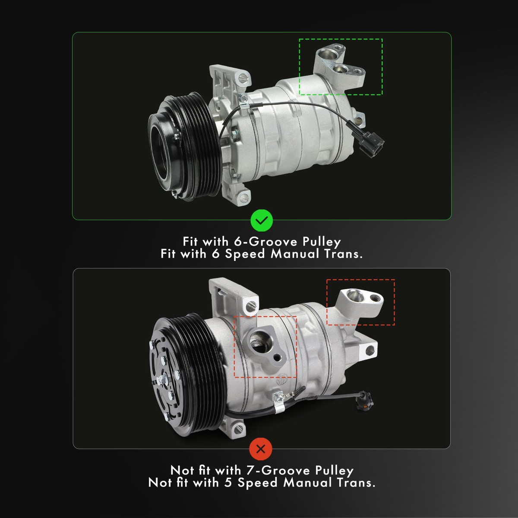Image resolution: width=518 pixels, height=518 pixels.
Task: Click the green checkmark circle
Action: pos(262,221)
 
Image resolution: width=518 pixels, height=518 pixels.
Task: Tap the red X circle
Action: pos(260,449)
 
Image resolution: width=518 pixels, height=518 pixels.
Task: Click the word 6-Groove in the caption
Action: pos(265,242)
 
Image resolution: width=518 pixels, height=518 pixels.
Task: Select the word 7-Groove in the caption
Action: pos(278,471)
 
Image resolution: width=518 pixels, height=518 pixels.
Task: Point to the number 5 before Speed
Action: pos(227,483)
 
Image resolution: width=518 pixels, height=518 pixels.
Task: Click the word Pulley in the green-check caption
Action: pos(322,242)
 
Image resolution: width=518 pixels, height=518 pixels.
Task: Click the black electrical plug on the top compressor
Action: pos(370,140)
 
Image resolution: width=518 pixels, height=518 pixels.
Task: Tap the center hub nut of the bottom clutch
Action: pos(162,379)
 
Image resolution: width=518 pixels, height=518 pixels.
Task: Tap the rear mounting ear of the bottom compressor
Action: pos(369,350)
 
